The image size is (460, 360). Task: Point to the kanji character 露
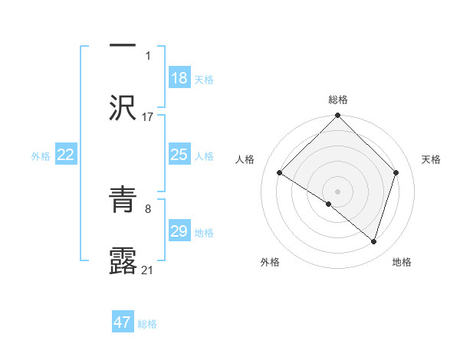(123, 260)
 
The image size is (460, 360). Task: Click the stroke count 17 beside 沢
(148, 116)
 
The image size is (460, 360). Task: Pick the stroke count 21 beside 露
(148, 270)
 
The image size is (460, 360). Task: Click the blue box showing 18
(179, 78)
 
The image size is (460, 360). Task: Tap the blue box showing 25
(179, 155)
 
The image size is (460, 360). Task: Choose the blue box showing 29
(179, 231)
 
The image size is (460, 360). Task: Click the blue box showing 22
(66, 155)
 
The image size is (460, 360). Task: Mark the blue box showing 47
(123, 322)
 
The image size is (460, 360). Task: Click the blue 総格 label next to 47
(147, 324)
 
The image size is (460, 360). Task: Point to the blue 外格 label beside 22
(41, 156)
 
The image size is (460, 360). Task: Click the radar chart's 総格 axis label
(338, 100)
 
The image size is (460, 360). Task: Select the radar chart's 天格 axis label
(431, 159)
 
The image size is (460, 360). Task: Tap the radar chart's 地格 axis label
(402, 262)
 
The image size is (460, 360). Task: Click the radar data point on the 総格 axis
(338, 116)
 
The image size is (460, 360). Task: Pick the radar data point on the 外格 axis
(329, 204)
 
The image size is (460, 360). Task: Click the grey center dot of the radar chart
(338, 191)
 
